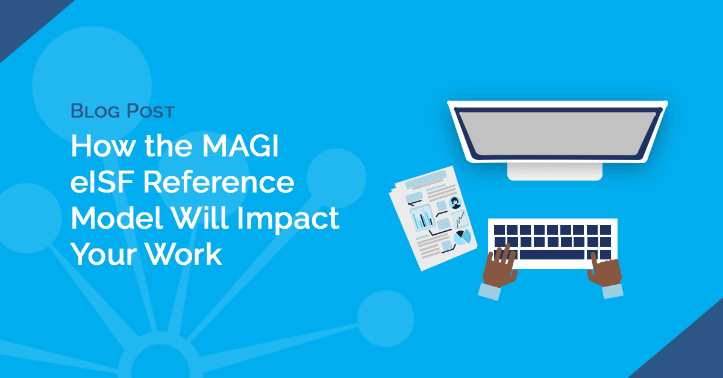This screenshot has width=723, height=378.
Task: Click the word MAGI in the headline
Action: point(240,146)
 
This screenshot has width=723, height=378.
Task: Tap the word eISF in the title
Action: point(102,182)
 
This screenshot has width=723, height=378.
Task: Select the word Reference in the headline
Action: point(219,182)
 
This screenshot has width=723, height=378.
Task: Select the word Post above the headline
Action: point(151,111)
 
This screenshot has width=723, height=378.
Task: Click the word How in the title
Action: point(103,146)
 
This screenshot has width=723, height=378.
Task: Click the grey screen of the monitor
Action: point(557,133)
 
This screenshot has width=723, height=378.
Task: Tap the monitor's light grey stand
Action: point(555,172)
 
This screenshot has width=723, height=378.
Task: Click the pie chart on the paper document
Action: point(462,238)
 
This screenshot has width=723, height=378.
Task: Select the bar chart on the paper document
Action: point(422,218)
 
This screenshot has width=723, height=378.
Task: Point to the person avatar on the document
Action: point(455,203)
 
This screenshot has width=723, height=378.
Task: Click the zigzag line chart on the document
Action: point(459,219)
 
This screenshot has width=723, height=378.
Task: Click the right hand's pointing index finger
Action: point(594,262)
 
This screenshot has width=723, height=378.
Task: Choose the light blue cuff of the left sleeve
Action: point(490,292)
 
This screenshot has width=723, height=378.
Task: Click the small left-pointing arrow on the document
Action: point(415,203)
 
